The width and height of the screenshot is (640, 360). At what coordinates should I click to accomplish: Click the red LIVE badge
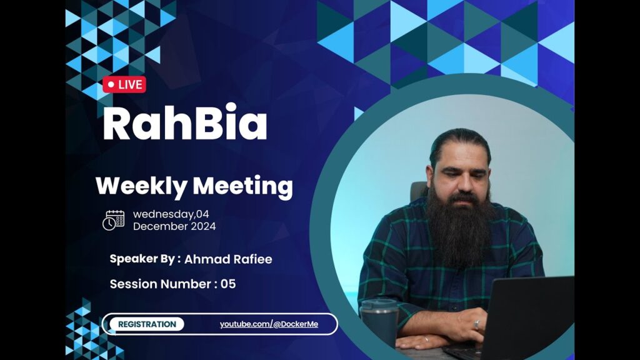tap(124, 84)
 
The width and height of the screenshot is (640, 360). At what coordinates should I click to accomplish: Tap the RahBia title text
tap(185, 122)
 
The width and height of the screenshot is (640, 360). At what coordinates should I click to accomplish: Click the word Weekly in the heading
tap(141, 186)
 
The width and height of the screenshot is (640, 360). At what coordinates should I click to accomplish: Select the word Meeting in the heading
tap(243, 186)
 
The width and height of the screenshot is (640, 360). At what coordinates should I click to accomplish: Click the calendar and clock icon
tap(114, 221)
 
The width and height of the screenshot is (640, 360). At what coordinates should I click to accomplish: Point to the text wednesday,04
tap(171, 214)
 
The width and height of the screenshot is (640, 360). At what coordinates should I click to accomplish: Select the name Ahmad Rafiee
tap(228, 259)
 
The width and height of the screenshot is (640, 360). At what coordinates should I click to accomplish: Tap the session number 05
tap(228, 284)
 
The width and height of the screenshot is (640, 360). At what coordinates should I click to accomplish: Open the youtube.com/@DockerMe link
tap(269, 324)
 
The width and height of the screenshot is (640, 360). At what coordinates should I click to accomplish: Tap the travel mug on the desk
tap(379, 322)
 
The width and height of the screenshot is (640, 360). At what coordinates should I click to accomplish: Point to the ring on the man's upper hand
tap(476, 324)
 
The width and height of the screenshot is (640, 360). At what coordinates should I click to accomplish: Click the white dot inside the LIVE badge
tap(111, 85)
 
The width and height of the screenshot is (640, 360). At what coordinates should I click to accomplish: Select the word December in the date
tap(157, 226)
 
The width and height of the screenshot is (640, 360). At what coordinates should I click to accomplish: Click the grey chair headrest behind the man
tap(418, 191)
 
